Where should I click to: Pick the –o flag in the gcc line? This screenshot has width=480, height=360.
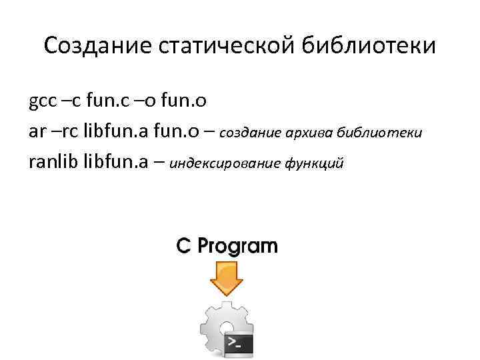[151, 102]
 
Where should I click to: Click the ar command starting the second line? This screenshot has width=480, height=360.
[37, 131]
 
